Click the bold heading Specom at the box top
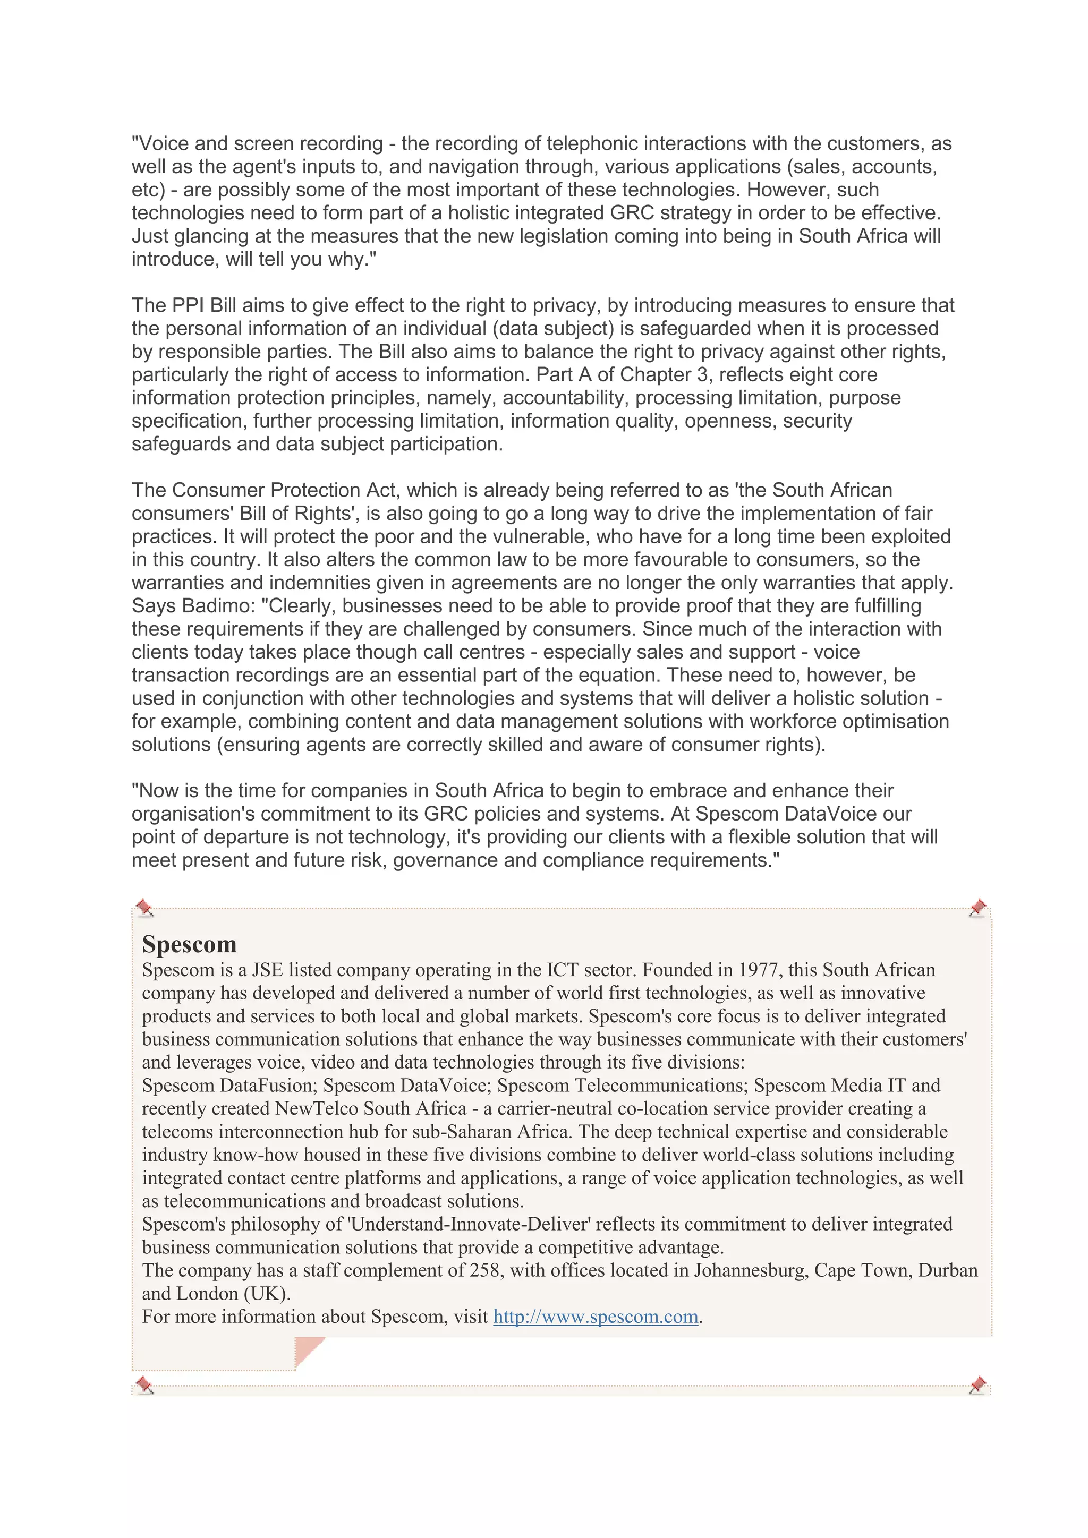coord(189,944)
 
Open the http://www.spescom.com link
coord(596,1317)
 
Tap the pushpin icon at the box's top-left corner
coord(144,908)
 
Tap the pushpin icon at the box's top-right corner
coord(977,908)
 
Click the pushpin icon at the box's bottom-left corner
coord(144,1385)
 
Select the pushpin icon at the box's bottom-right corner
coord(977,1385)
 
